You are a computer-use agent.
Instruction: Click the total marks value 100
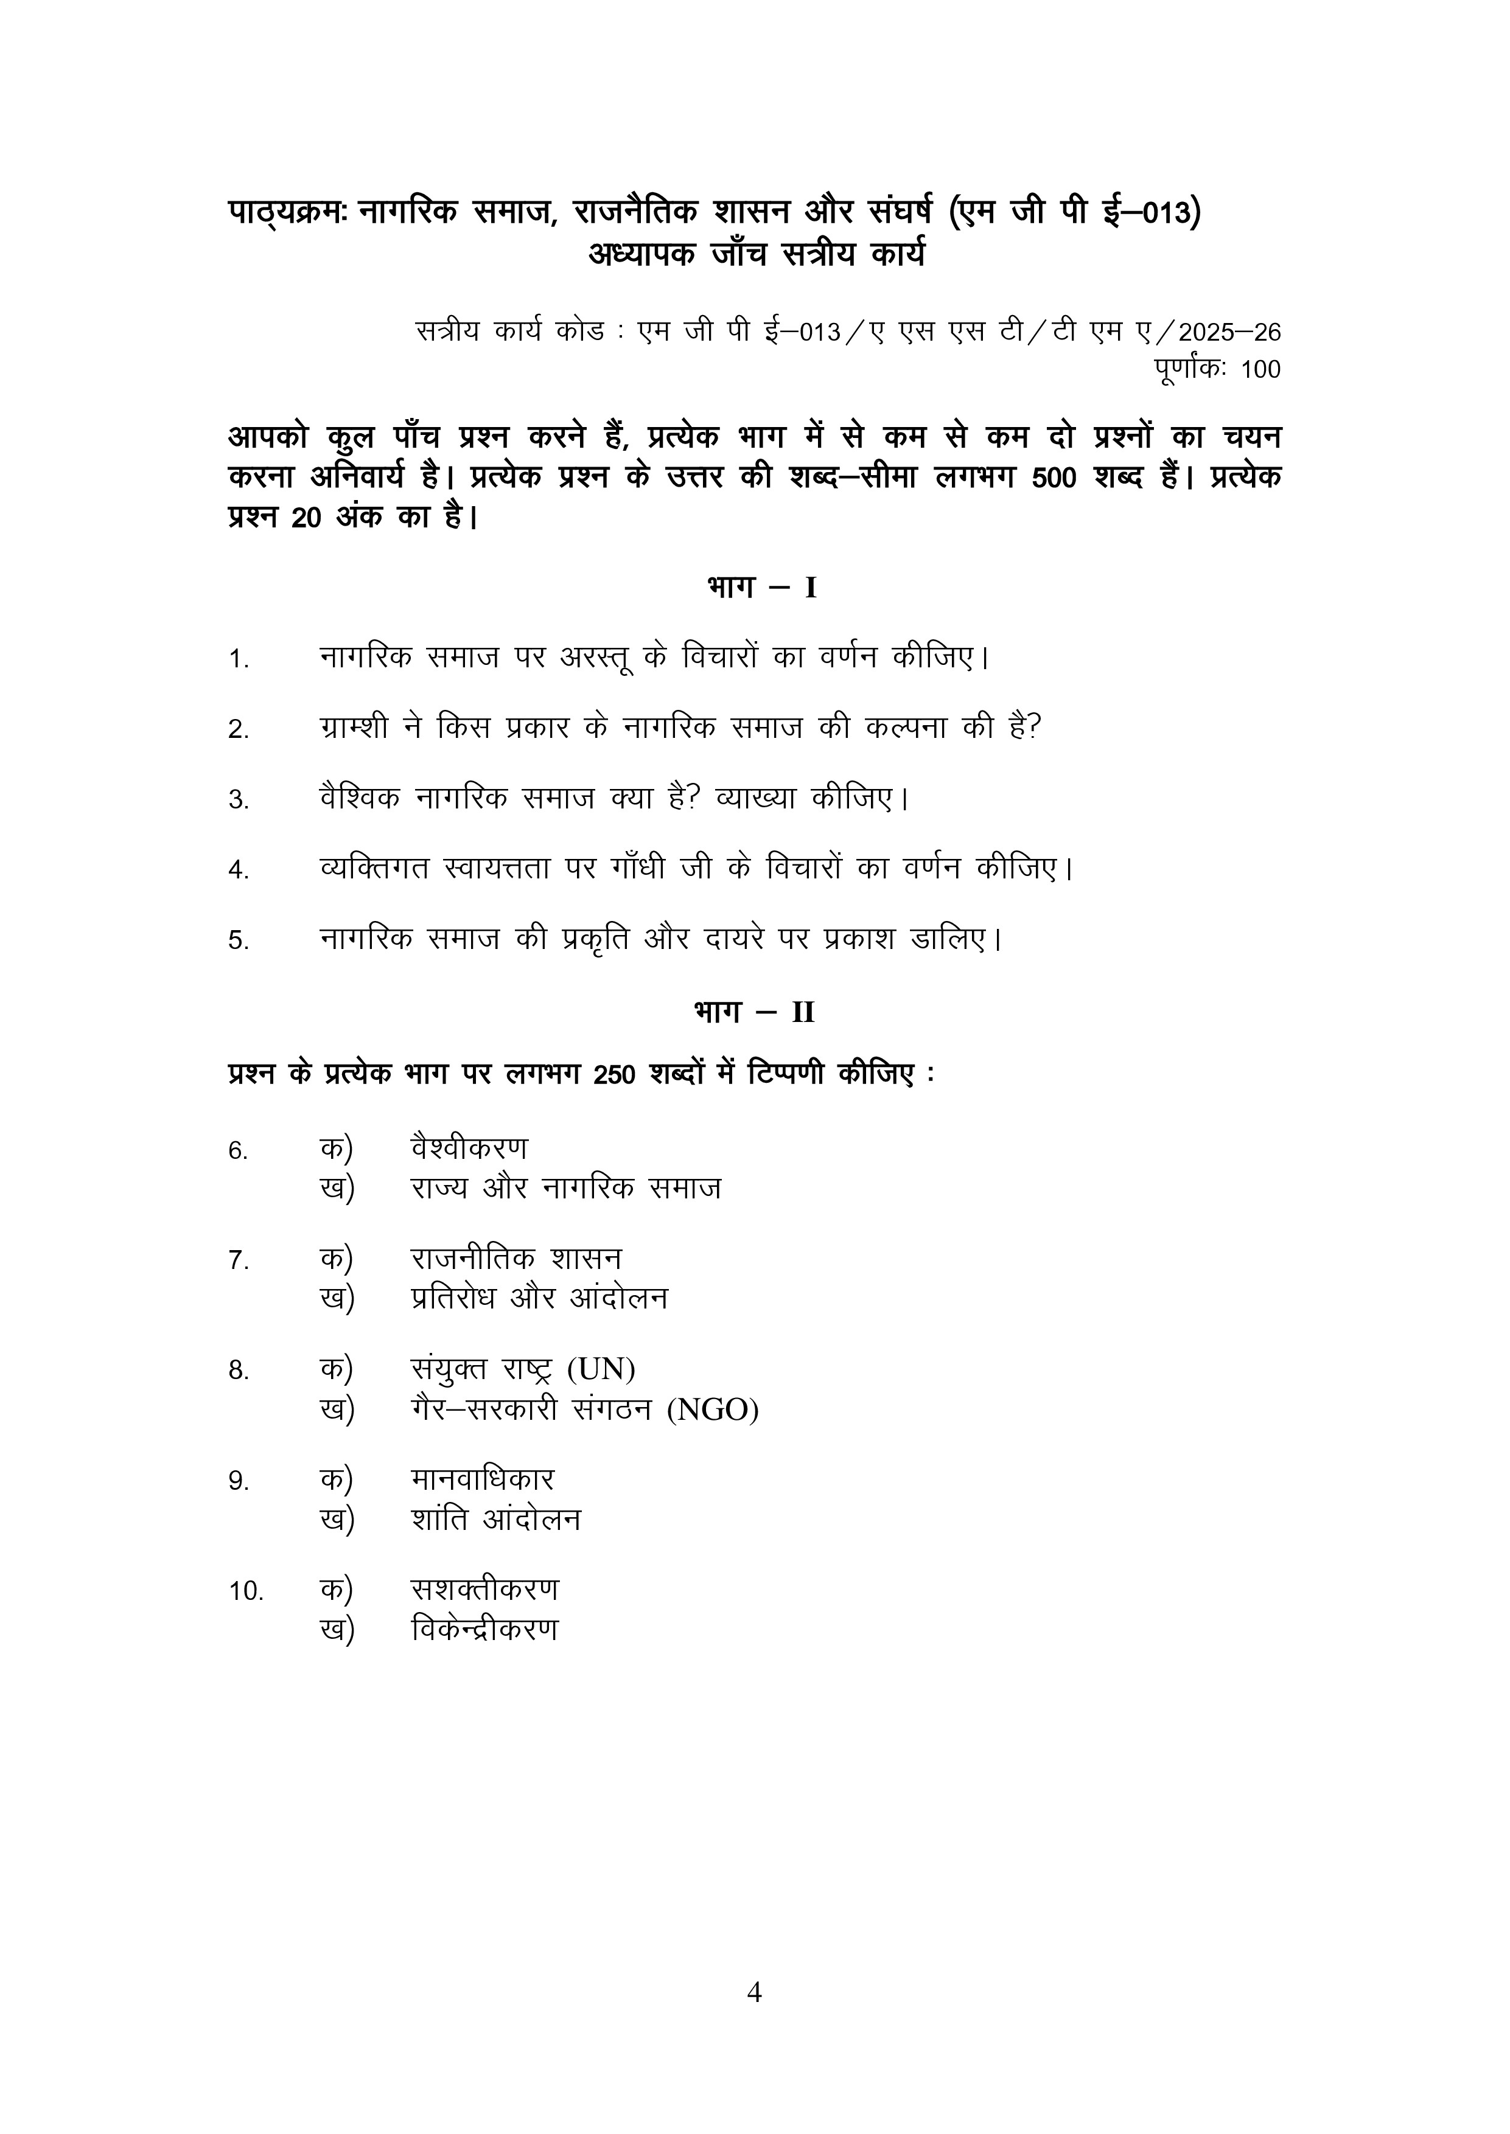tap(1260, 370)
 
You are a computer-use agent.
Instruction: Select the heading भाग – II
tap(754, 1012)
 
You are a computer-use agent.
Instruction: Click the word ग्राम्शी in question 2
tap(354, 728)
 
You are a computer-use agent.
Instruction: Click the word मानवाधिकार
tap(481, 1479)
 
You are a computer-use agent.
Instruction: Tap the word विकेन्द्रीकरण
tap(484, 1630)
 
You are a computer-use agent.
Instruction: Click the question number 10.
tap(246, 1591)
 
